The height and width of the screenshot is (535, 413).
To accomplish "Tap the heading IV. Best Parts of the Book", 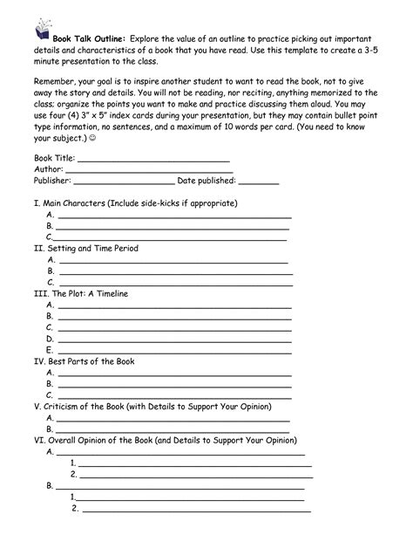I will [x=84, y=361].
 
